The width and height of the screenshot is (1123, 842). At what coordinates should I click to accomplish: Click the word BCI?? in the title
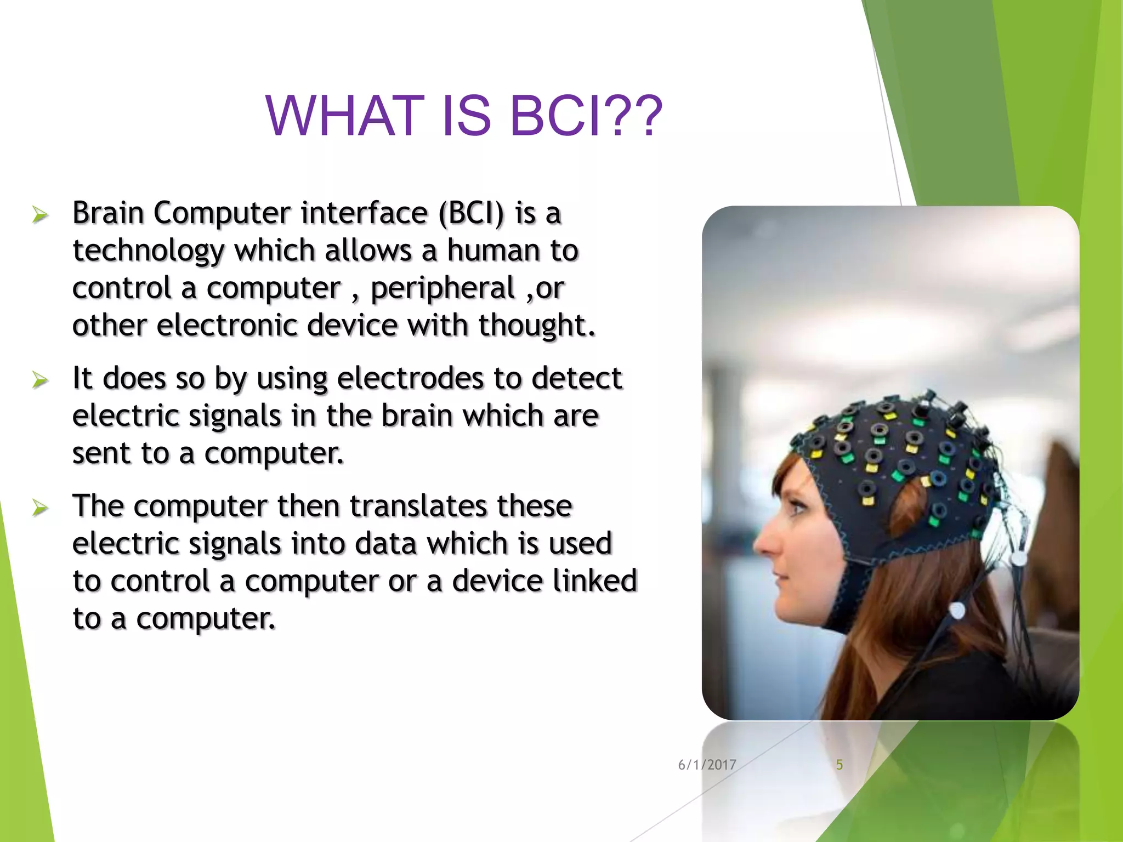coord(586,116)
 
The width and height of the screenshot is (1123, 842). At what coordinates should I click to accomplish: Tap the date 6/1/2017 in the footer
coord(707,765)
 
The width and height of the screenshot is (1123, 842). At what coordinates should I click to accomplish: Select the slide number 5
coord(839,765)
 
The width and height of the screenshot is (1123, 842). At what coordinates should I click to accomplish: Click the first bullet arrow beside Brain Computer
coord(40,214)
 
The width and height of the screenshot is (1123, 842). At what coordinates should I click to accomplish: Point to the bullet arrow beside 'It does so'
coord(40,379)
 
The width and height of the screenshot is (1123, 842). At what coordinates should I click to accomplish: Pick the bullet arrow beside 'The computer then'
coord(40,508)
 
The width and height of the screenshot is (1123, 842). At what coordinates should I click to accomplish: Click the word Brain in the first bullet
coord(107,213)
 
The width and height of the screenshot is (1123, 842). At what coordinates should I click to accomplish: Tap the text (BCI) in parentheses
coord(470,213)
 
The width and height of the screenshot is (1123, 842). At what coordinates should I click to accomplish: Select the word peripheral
coord(443,288)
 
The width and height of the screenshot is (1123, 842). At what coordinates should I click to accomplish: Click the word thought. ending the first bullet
coord(536,325)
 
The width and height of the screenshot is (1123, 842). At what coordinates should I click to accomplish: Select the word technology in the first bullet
coord(148,251)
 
